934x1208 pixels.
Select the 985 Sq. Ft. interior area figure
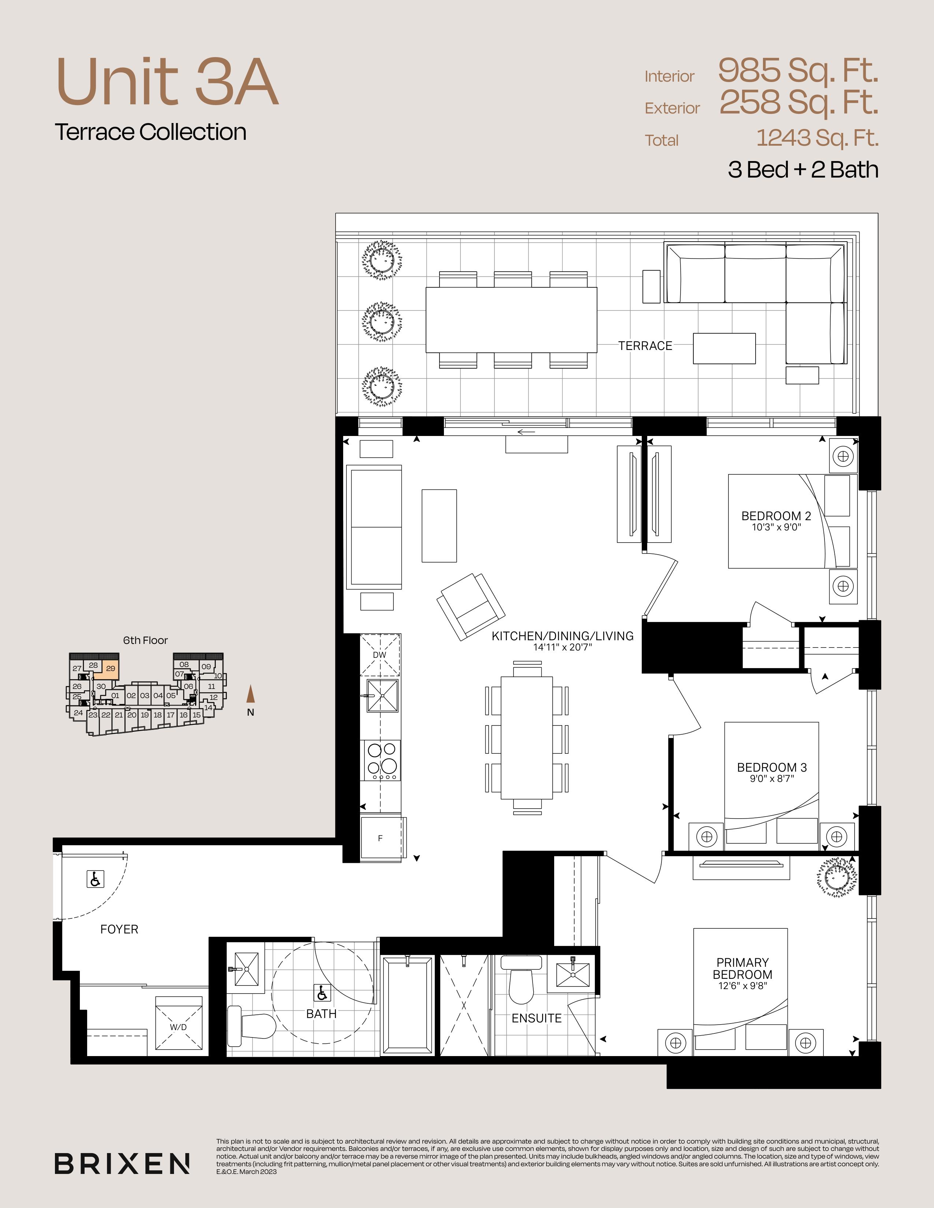[798, 70]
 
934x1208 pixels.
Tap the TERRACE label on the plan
[645, 346]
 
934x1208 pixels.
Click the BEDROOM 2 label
[776, 516]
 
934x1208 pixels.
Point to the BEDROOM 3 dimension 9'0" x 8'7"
[772, 779]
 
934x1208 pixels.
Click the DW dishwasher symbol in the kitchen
[379, 655]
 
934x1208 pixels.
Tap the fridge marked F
[381, 838]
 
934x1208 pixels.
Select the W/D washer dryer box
[178, 1023]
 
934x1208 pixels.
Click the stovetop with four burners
[382, 760]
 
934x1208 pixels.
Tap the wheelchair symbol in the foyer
[96, 879]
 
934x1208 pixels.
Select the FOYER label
[119, 929]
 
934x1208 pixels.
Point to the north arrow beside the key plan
[251, 694]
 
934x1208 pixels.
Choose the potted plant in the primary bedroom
[838, 877]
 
